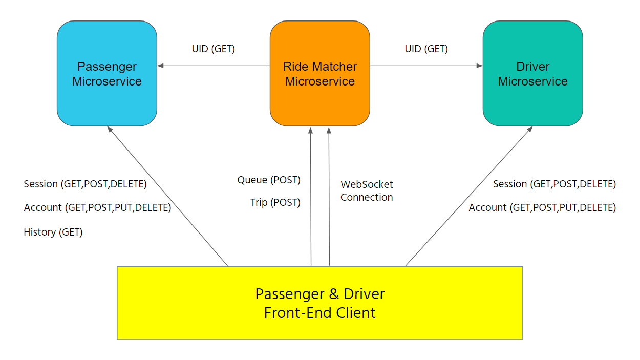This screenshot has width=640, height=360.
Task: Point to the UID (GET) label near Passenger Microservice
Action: coord(213,49)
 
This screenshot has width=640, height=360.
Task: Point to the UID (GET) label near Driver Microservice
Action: coord(426,49)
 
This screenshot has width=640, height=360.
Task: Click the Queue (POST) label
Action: coord(268,180)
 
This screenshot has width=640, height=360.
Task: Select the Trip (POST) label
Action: coord(275,203)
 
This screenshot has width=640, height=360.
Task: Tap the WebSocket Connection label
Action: coord(367,190)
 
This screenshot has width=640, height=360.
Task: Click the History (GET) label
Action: coord(53,232)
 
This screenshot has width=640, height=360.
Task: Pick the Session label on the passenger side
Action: coord(85,184)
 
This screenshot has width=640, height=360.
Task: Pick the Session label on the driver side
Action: coord(554,184)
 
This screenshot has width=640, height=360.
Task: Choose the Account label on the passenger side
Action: coord(97,208)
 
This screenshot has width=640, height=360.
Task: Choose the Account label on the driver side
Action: coord(542,208)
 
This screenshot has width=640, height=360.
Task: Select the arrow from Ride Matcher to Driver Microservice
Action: coord(426,66)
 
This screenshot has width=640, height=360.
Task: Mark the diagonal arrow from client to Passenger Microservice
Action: coord(168,196)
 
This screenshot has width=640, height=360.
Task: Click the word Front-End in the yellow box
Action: coord(293,312)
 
